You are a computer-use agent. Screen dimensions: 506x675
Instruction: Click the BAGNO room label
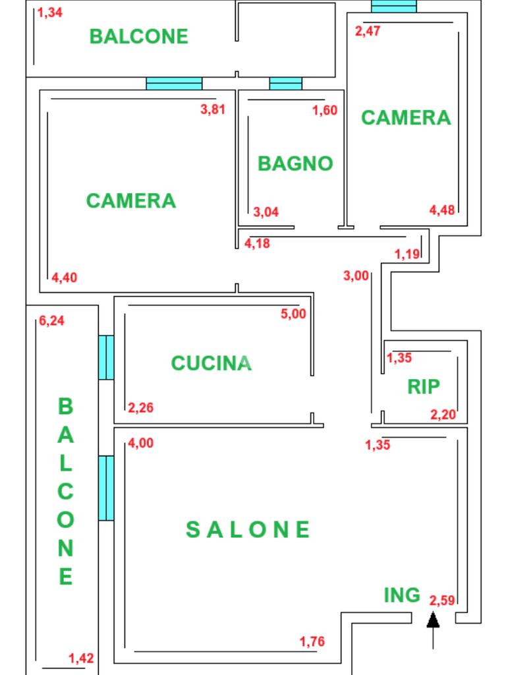pyautogui.click(x=295, y=163)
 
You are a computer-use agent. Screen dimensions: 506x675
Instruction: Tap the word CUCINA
pyautogui.click(x=211, y=363)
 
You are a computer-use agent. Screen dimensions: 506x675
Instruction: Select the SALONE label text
pyautogui.click(x=248, y=529)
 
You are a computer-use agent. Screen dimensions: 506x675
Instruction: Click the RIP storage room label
pyautogui.click(x=423, y=386)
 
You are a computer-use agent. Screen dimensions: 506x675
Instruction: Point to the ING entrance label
pyautogui.click(x=402, y=595)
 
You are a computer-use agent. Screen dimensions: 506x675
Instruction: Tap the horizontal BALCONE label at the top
pyautogui.click(x=138, y=36)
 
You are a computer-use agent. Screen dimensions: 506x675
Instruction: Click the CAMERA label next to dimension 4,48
pyautogui.click(x=406, y=117)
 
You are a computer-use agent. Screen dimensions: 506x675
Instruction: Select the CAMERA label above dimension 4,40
pyautogui.click(x=131, y=200)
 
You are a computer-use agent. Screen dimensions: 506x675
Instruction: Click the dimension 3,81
pyautogui.click(x=213, y=109)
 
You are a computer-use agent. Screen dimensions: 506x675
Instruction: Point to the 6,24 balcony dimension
pyautogui.click(x=51, y=321)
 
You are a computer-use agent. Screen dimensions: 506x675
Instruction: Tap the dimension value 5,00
pyautogui.click(x=293, y=314)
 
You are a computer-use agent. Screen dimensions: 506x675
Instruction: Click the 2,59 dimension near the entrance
pyautogui.click(x=442, y=601)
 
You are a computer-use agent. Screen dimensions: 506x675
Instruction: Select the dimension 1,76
pyautogui.click(x=312, y=641)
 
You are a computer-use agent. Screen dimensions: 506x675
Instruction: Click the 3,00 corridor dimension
pyautogui.click(x=356, y=276)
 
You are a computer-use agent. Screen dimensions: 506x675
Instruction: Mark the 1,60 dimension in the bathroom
pyautogui.click(x=325, y=110)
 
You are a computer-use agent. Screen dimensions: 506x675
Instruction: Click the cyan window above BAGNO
pyautogui.click(x=286, y=84)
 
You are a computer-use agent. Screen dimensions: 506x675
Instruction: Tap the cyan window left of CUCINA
pyautogui.click(x=106, y=357)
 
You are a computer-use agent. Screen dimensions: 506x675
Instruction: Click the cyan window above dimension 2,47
pyautogui.click(x=394, y=6)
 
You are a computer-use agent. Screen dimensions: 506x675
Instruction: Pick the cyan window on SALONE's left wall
pyautogui.click(x=106, y=488)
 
